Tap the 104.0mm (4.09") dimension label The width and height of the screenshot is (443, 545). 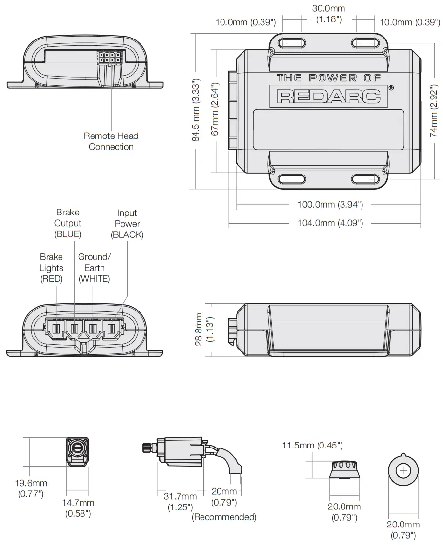[x=330, y=223]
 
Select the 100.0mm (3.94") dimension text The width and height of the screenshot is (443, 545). [x=330, y=205]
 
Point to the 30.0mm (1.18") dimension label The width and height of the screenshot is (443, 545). [x=328, y=14]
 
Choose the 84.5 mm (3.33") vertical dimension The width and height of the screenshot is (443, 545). [x=196, y=111]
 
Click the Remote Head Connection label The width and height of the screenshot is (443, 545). [x=111, y=141]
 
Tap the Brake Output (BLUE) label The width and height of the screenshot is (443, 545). [x=68, y=223]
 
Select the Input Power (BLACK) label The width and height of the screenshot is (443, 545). [x=127, y=224]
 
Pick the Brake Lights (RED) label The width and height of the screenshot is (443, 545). [x=52, y=268]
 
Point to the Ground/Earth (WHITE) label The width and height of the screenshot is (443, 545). [x=94, y=268]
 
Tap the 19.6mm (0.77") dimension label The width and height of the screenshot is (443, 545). [x=31, y=488]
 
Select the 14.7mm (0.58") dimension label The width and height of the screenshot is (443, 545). [x=78, y=508]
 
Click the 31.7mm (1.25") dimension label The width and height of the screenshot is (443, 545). [x=180, y=502]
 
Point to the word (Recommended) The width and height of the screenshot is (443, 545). [x=224, y=517]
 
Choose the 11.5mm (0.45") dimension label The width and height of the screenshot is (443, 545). [x=312, y=445]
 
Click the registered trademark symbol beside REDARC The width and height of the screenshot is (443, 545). [x=391, y=88]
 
